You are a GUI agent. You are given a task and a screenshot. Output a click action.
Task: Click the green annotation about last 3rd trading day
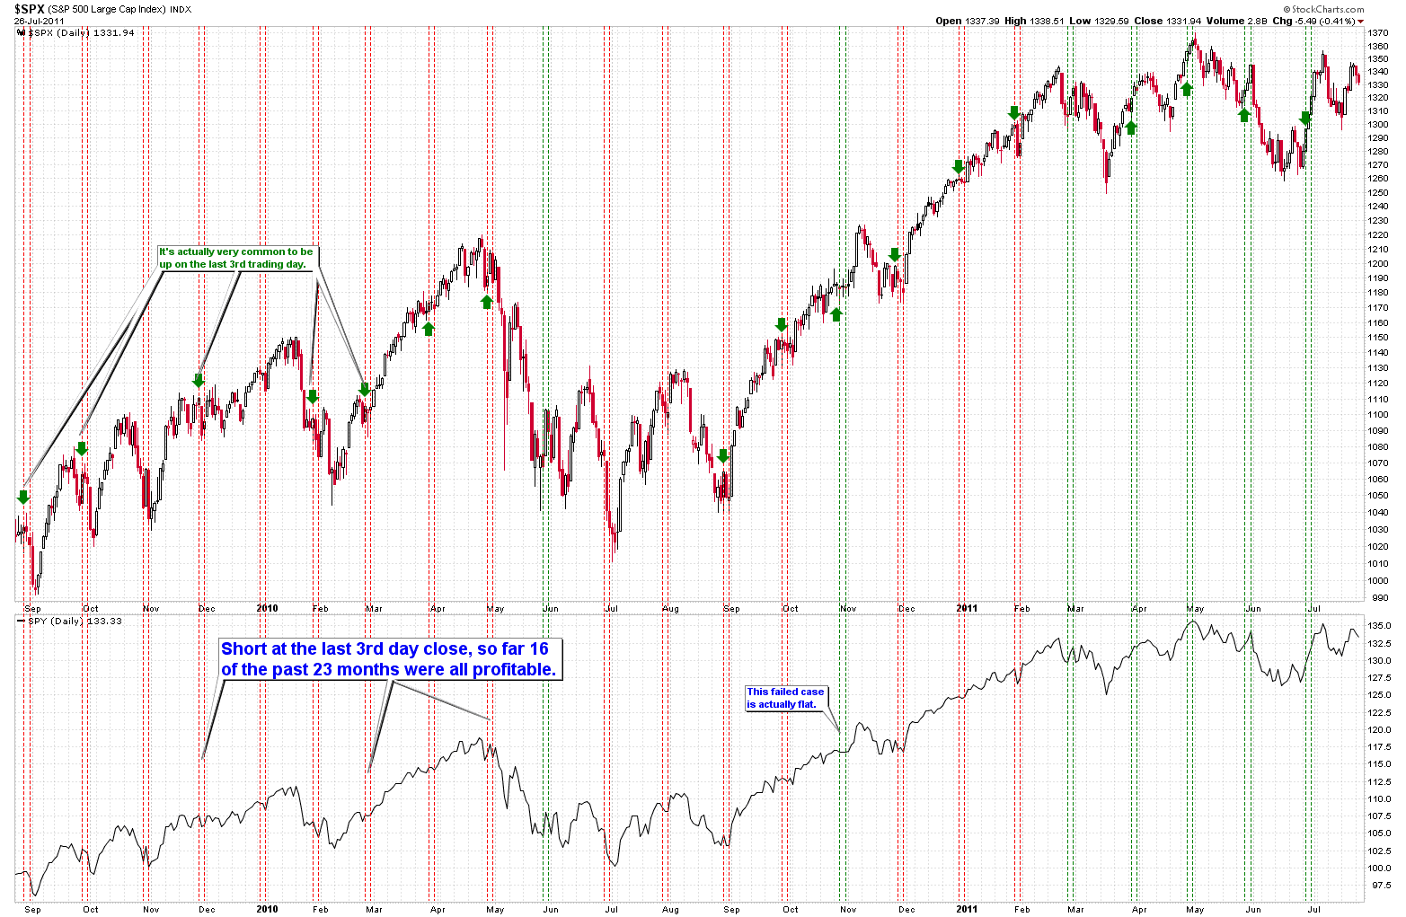236,258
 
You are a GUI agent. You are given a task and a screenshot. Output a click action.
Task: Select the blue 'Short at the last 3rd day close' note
389,659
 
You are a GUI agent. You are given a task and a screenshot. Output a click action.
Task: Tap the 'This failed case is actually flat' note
785,698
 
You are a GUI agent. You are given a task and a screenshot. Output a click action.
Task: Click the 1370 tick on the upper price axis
1378,32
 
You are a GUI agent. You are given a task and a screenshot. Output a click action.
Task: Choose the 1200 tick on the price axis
1378,263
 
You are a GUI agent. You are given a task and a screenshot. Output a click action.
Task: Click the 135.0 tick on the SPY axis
1380,625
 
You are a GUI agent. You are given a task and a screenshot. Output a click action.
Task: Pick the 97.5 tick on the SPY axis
1378,885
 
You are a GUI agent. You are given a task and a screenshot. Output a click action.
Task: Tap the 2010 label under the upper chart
267,608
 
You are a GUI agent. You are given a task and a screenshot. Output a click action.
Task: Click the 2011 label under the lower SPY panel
966,909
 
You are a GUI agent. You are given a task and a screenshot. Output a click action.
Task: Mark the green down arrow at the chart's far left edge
23,497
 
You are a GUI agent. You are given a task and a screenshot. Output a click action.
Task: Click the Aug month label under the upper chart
669,608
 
